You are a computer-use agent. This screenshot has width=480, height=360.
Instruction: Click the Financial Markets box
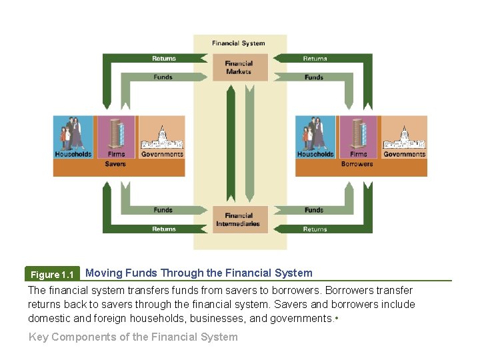pyautogui.click(x=239, y=67)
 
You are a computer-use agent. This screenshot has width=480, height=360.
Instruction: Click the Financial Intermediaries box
pyautogui.click(x=238, y=220)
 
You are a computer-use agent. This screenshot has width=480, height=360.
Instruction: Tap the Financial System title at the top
pyautogui.click(x=239, y=43)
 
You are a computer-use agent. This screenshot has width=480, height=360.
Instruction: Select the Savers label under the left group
pyautogui.click(x=115, y=164)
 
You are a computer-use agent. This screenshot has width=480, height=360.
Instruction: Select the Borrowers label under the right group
pyautogui.click(x=357, y=164)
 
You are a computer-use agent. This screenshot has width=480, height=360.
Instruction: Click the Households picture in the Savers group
pyautogui.click(x=73, y=133)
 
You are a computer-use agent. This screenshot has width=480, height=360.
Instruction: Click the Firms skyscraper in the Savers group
pyautogui.click(x=116, y=133)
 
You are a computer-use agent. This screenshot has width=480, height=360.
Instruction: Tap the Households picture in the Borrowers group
pyautogui.click(x=315, y=133)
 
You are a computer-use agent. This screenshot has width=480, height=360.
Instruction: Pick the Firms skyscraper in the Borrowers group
pyautogui.click(x=358, y=133)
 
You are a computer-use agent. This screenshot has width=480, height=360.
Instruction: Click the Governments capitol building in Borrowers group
pyautogui.click(x=404, y=137)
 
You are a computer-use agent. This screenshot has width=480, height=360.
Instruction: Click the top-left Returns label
pyautogui.click(x=164, y=59)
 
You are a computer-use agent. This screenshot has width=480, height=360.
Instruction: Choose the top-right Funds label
pyautogui.click(x=314, y=77)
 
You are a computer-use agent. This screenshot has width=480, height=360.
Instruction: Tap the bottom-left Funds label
pyautogui.click(x=163, y=210)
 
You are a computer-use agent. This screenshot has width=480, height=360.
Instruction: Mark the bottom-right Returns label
pyautogui.click(x=315, y=229)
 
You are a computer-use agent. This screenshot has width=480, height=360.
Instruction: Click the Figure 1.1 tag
pyautogui.click(x=53, y=275)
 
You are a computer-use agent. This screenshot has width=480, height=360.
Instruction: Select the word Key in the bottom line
pyautogui.click(x=39, y=337)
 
